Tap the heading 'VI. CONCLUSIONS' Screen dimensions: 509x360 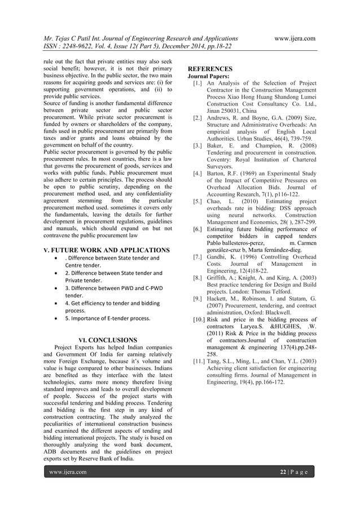click(x=107, y=340)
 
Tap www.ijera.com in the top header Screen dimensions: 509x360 click(x=294, y=38)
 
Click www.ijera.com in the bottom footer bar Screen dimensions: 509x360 click(x=68, y=472)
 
